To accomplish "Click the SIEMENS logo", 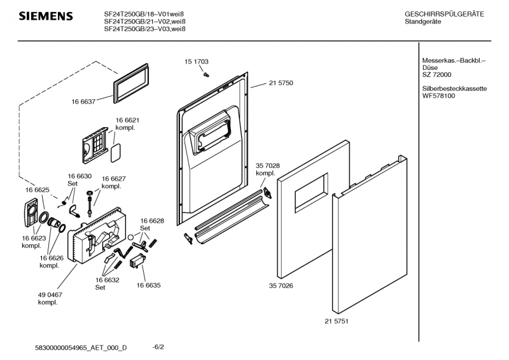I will [45, 16].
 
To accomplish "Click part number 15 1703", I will [197, 62].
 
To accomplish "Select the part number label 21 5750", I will [281, 83].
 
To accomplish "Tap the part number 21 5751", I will [337, 321].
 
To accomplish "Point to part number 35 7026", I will [281, 286].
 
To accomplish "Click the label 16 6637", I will [83, 101].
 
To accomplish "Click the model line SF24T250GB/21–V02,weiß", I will [145, 21].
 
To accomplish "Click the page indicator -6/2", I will [158, 347].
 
